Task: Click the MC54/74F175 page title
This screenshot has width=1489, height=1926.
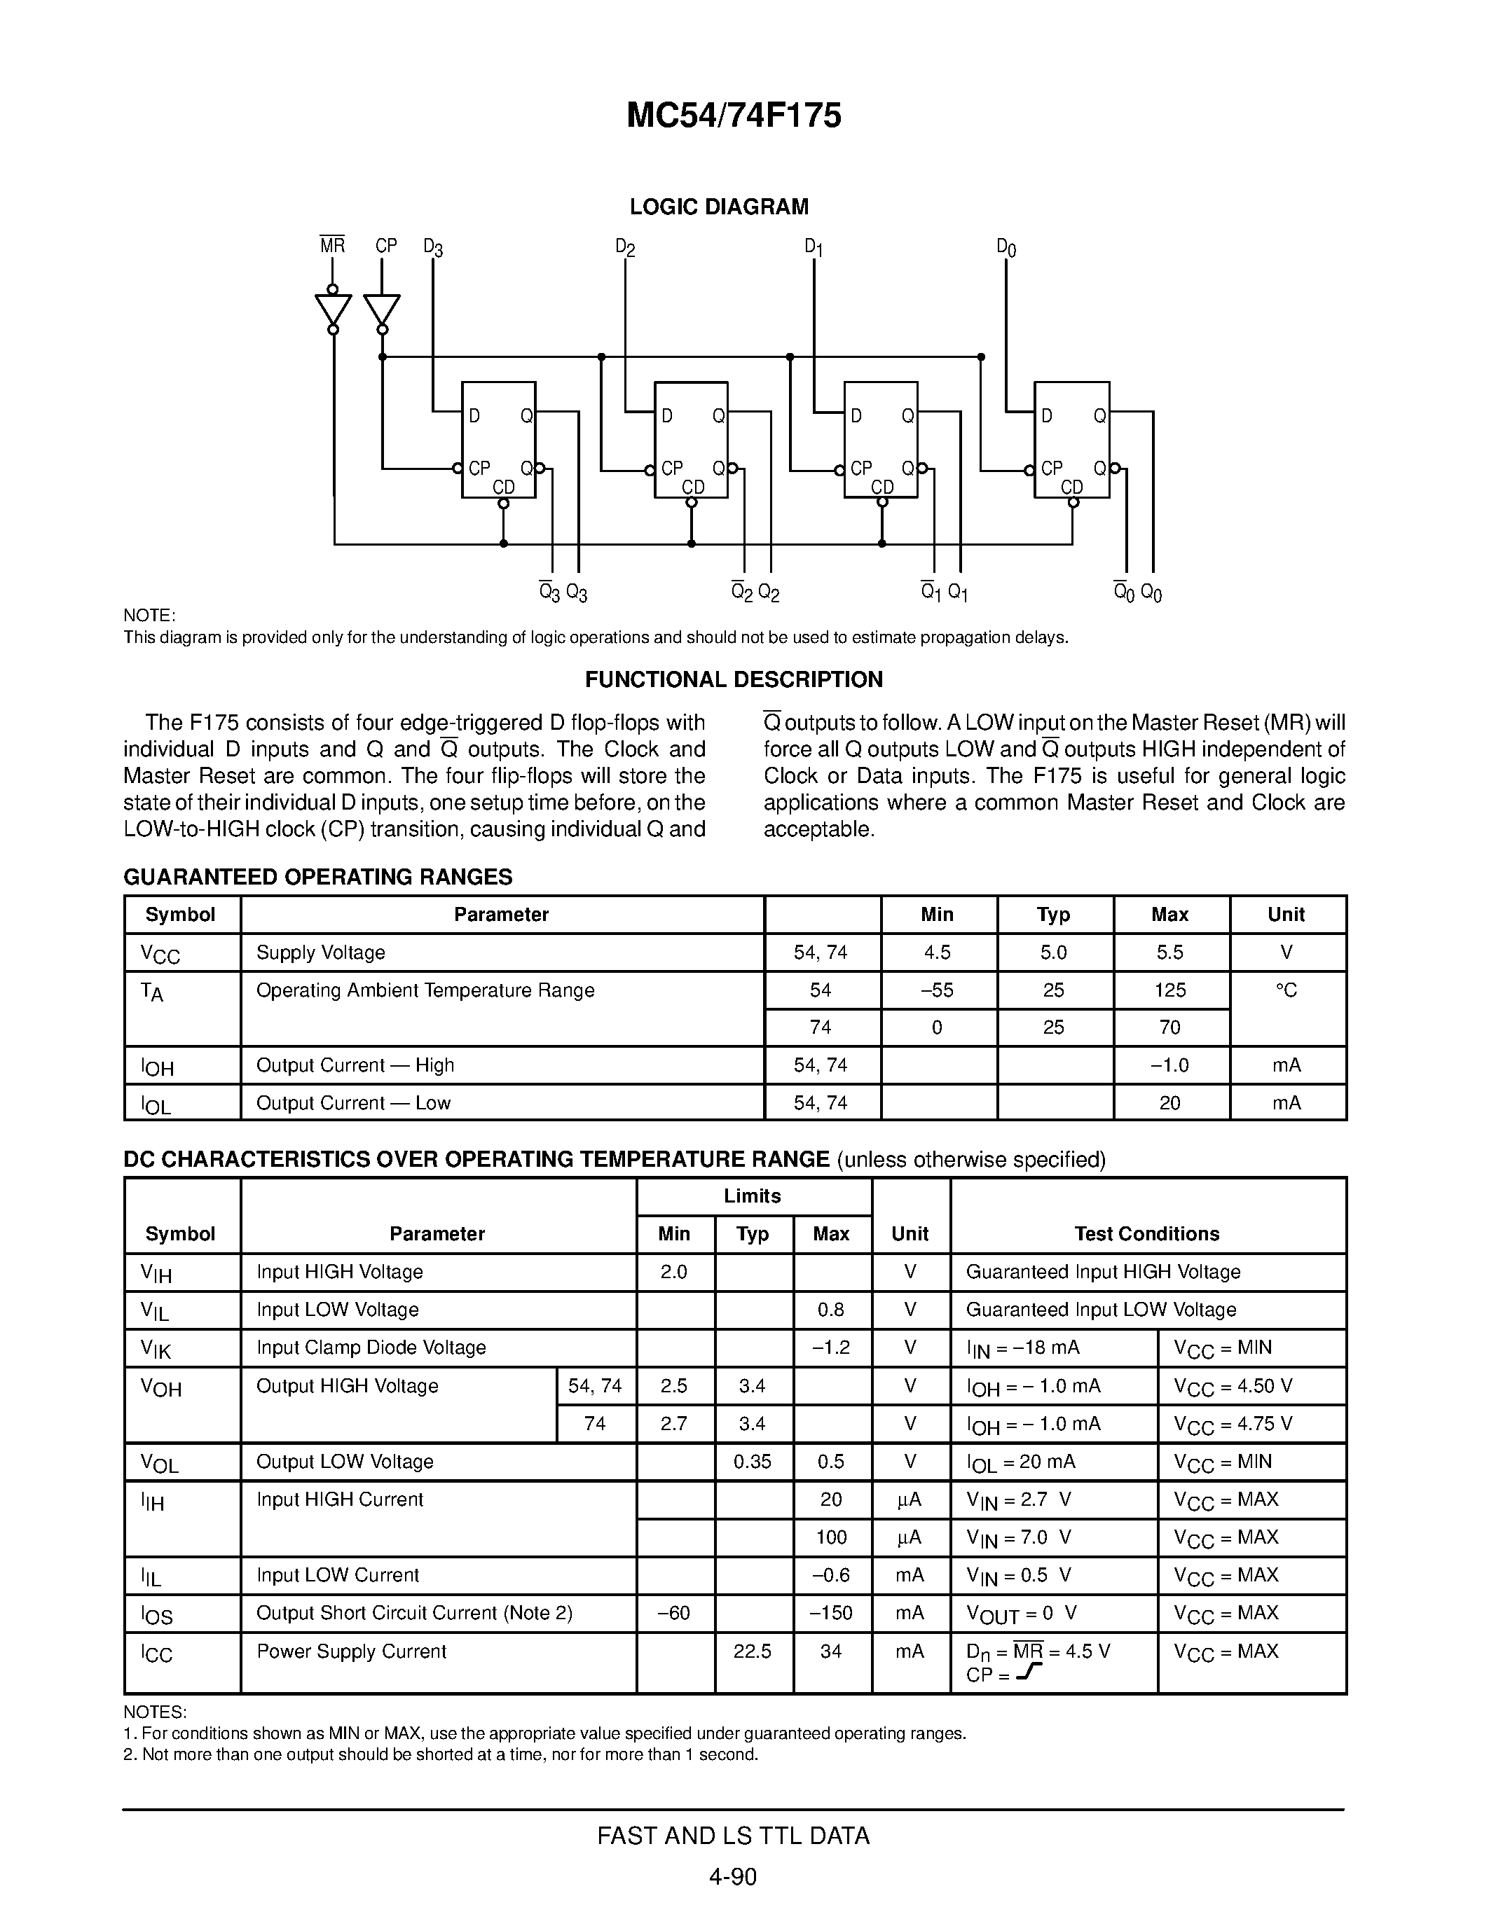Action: click(x=733, y=116)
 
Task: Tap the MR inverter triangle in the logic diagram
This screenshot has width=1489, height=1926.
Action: click(x=333, y=310)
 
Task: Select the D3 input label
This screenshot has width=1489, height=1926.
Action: click(x=432, y=247)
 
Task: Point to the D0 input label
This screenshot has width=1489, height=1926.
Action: click(x=1006, y=247)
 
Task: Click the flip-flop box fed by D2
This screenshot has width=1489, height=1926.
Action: click(x=691, y=439)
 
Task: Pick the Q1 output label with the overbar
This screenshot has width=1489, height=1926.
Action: click(x=929, y=591)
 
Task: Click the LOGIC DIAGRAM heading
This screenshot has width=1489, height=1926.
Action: click(x=718, y=207)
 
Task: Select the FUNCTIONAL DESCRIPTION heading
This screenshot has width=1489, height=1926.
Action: click(x=733, y=679)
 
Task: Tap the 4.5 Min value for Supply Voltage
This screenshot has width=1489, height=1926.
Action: click(x=937, y=952)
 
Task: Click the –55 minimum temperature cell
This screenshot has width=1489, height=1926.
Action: click(x=937, y=990)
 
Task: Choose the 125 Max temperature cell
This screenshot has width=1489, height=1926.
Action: click(x=1169, y=990)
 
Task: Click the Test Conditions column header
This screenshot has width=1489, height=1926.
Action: click(x=1147, y=1234)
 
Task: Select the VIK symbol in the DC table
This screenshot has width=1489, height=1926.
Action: click(x=156, y=1348)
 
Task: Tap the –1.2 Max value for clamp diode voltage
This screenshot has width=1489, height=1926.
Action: click(x=831, y=1347)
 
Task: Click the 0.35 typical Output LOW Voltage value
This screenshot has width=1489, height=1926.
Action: click(x=753, y=1461)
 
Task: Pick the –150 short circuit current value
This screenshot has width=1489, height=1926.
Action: click(x=831, y=1613)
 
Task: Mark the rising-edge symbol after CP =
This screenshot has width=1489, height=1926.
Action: click(x=1029, y=1672)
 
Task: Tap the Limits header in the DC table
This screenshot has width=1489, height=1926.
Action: click(x=753, y=1196)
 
